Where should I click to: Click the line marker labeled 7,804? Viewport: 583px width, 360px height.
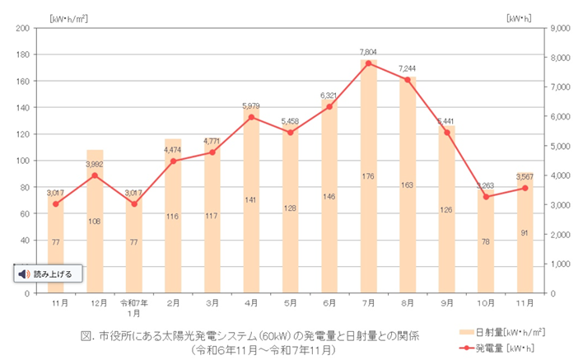[368, 63]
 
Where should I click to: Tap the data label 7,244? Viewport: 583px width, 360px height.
[408, 68]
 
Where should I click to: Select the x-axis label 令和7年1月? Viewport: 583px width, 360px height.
[133, 308]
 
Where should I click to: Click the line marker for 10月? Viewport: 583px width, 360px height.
[486, 197]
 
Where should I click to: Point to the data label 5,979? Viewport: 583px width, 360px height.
[251, 106]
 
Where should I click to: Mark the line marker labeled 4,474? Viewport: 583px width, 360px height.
[173, 161]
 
